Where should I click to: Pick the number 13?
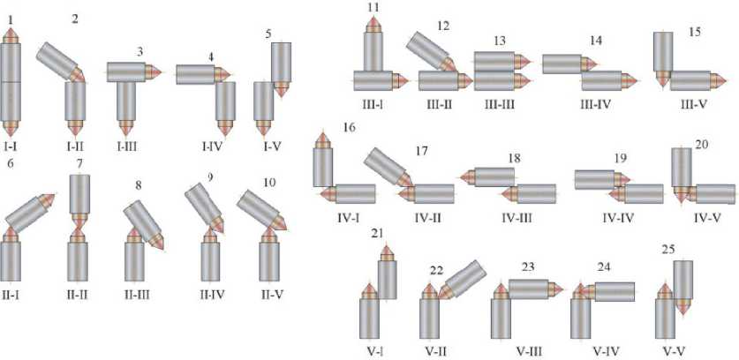tap(500, 41)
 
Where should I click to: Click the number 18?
tap(516, 157)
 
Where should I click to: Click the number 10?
tap(268, 183)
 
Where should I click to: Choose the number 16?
tap(325, 128)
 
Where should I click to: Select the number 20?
tap(702, 145)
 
